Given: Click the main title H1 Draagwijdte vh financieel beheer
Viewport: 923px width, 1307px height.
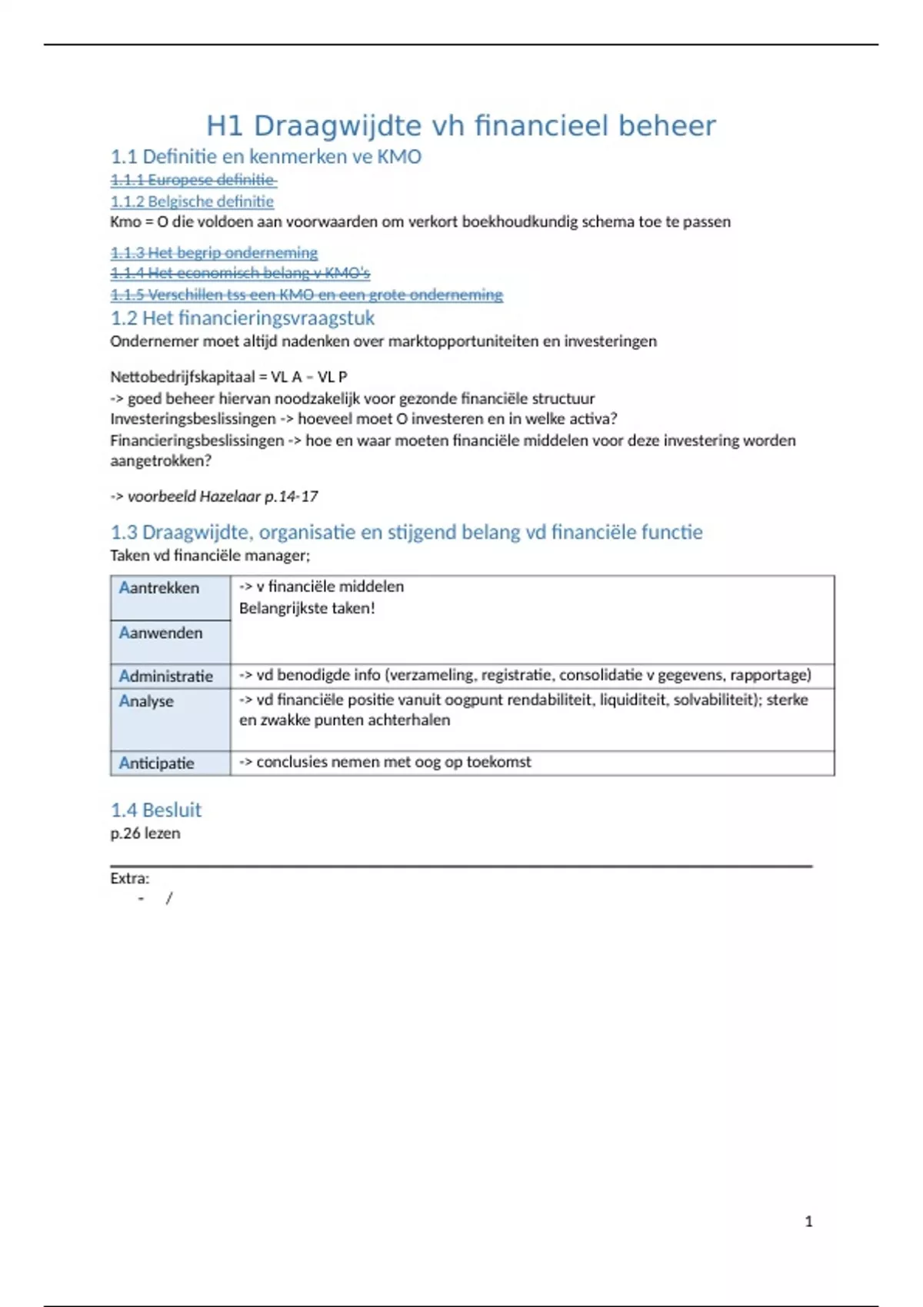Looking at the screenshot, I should point(461,126).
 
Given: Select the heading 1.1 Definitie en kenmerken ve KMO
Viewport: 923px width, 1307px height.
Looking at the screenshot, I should point(265,157).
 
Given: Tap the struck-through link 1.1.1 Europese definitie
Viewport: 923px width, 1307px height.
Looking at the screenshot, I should point(193,180).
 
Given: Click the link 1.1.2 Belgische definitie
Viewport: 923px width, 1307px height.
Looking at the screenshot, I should point(192,201).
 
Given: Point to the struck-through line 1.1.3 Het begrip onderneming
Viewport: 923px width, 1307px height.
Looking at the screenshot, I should point(214,253).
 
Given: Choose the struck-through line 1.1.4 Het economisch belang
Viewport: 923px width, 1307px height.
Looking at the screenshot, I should point(240,273).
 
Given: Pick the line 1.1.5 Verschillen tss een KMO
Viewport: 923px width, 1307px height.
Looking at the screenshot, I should point(306,294).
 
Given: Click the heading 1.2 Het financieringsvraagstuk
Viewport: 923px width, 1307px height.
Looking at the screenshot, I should point(242,318).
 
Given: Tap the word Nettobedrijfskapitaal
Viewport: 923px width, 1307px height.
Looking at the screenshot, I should point(182,377).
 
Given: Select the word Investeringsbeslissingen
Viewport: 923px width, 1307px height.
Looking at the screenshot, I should point(193,419).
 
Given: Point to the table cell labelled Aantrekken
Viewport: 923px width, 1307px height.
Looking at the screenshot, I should point(159,588).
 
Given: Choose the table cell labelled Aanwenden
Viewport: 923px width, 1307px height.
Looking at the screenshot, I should point(161,634).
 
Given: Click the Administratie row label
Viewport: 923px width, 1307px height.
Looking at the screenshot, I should point(165,677).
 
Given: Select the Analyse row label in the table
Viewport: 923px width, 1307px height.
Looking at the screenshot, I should point(146,701).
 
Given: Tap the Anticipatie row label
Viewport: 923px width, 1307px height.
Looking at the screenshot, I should point(156,763).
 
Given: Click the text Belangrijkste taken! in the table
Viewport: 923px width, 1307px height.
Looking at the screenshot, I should point(307,608).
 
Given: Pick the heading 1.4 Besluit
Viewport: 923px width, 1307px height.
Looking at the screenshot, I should point(155,810).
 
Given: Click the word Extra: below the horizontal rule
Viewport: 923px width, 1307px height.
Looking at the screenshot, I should point(129,879).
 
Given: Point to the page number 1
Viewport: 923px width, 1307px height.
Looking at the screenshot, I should point(808,1222).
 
